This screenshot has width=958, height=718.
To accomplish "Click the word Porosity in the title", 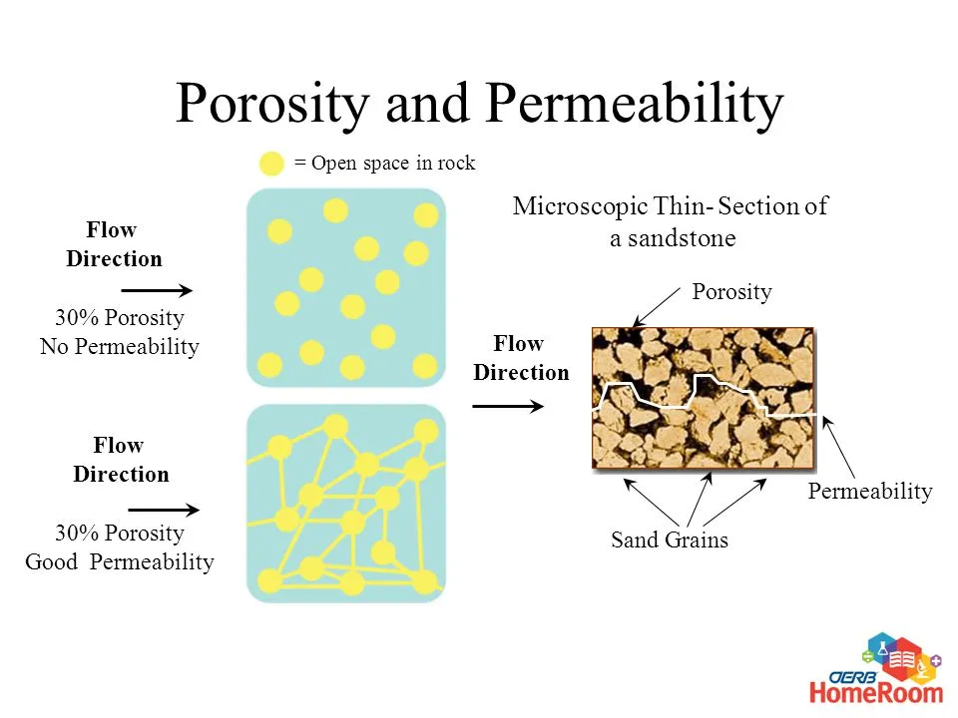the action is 272,105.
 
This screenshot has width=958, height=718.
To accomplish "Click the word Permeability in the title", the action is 635,105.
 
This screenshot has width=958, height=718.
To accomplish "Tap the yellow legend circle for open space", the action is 271,164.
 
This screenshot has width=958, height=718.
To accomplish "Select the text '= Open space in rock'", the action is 384,163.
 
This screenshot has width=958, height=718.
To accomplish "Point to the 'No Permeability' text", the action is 120,346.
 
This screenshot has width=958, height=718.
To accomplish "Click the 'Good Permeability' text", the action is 120,561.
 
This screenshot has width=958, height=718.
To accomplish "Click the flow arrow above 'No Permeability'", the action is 157,290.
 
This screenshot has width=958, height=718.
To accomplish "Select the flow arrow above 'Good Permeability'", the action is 164,510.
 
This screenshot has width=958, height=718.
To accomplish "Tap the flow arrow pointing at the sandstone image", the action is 508,406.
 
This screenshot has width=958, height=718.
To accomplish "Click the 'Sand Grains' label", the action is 670,539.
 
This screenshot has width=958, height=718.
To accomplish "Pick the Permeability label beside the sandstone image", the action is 870,491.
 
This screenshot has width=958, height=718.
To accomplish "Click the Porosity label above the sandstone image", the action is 731,292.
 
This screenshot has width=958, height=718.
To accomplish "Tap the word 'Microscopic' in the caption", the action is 580,206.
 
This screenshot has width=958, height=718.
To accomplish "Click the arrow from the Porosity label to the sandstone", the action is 657,307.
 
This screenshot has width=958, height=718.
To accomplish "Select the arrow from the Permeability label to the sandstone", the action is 838,447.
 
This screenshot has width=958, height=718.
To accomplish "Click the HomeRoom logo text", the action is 876,693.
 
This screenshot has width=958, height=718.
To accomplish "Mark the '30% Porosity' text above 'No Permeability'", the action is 120,317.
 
